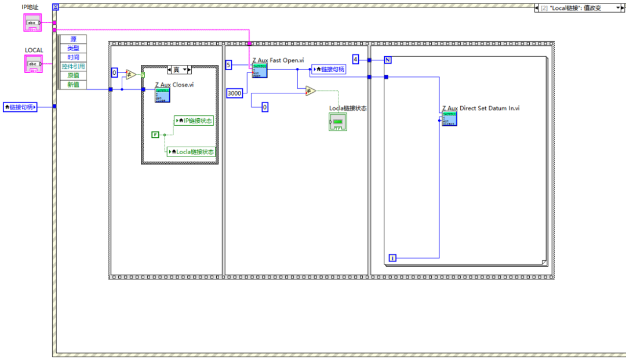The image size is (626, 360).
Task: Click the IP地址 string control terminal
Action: click(33, 23)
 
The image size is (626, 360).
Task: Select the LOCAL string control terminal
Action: click(33, 64)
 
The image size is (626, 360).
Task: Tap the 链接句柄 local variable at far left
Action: click(20, 107)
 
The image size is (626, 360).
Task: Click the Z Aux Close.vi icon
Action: click(162, 94)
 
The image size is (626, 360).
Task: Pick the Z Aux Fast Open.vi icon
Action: click(260, 71)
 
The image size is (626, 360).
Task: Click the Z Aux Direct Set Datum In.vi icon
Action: click(449, 118)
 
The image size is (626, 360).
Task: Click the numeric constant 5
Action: click(228, 65)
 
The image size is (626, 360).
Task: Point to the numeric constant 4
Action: click(356, 59)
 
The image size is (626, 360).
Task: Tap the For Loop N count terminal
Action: click(388, 60)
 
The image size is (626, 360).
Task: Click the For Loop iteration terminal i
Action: click(392, 257)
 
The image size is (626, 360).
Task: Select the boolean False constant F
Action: click(155, 134)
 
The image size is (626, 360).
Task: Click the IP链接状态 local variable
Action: click(195, 121)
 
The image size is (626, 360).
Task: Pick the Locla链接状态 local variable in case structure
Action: click(191, 152)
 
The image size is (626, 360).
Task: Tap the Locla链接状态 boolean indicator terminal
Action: click(337, 122)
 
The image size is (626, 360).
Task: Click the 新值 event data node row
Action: click(73, 85)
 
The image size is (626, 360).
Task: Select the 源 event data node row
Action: click(73, 39)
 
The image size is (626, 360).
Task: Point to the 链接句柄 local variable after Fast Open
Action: click(330, 70)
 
